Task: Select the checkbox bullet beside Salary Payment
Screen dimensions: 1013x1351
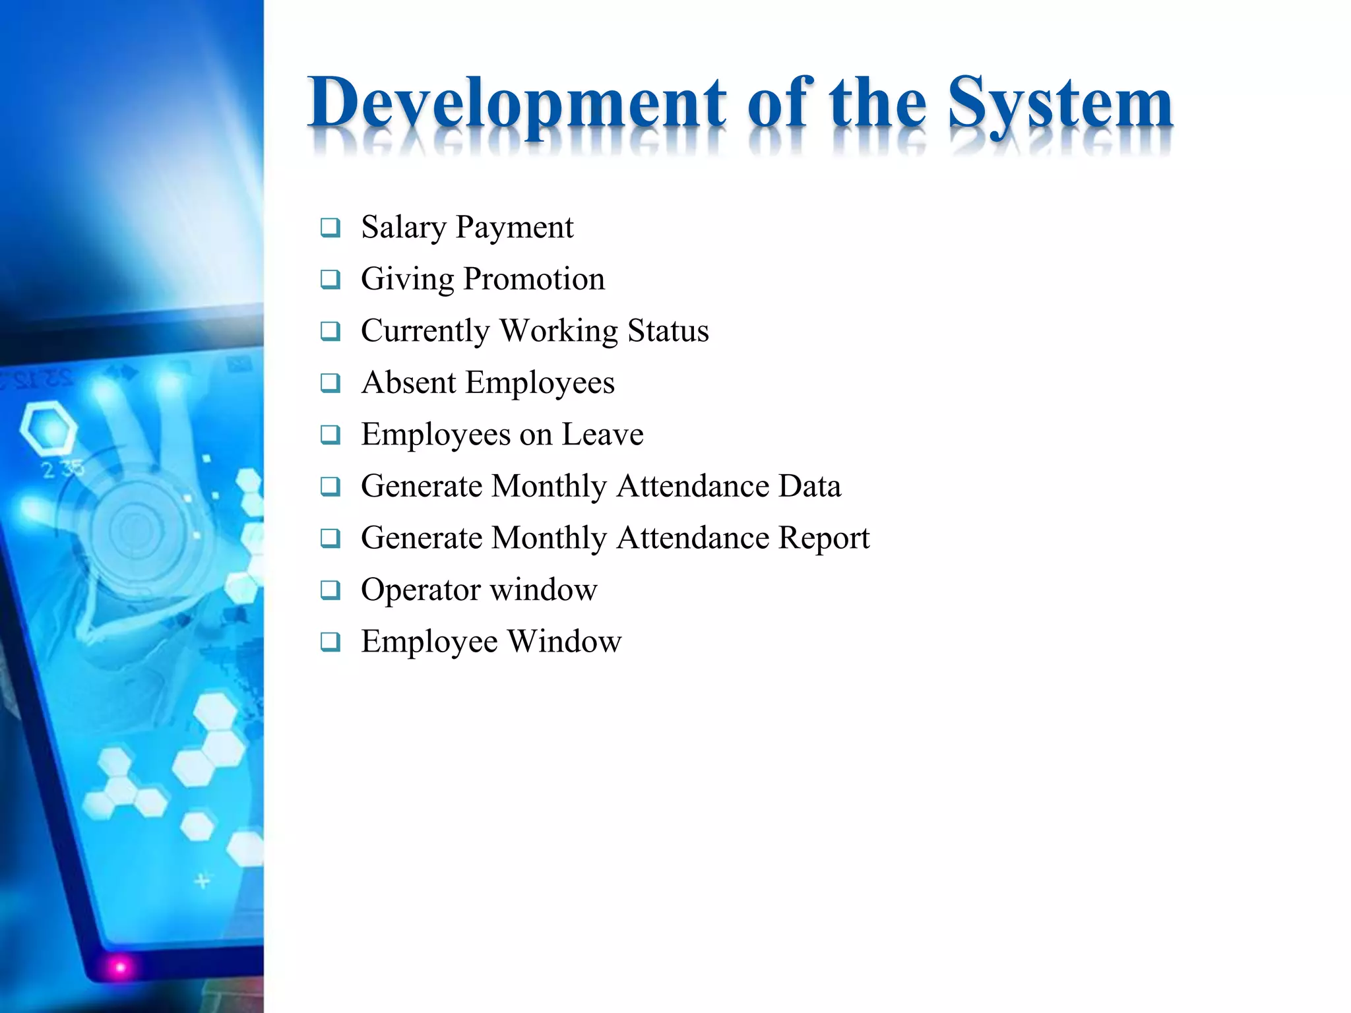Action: tap(330, 228)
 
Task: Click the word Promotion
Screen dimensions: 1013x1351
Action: tap(534, 279)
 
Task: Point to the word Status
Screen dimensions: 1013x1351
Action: tap(668, 331)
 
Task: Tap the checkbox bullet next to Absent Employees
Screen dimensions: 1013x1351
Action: tap(330, 383)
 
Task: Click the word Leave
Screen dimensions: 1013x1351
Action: tap(602, 435)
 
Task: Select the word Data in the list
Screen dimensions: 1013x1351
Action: tap(809, 487)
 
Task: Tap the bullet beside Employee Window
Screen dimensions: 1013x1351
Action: tap(330, 642)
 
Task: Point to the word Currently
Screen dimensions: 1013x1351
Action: tap(424, 331)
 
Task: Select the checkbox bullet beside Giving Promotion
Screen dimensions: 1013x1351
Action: tap(330, 280)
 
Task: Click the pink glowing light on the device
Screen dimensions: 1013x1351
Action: tap(120, 967)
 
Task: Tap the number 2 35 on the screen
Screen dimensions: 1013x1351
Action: tap(63, 470)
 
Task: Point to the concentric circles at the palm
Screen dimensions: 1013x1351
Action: tap(135, 528)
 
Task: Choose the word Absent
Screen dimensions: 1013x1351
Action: tap(408, 383)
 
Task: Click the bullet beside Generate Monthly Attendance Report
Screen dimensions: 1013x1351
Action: tap(330, 538)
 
